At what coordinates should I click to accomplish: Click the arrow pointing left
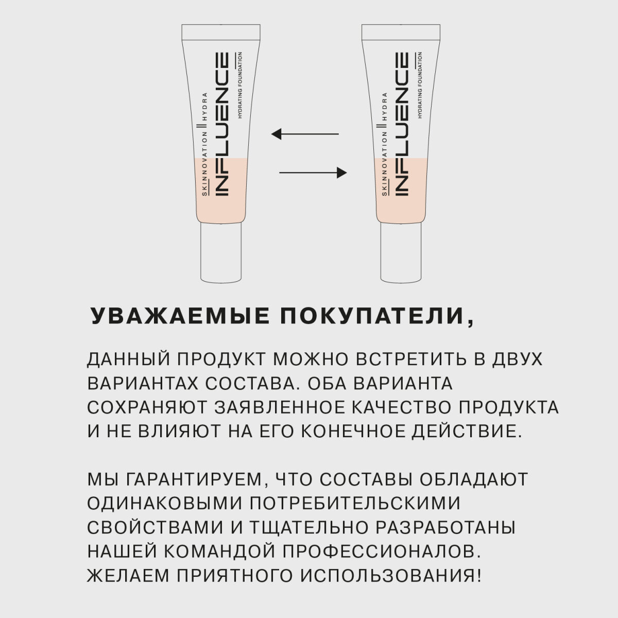[x=305, y=134]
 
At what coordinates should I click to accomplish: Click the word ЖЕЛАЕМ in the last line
[x=121, y=574]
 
